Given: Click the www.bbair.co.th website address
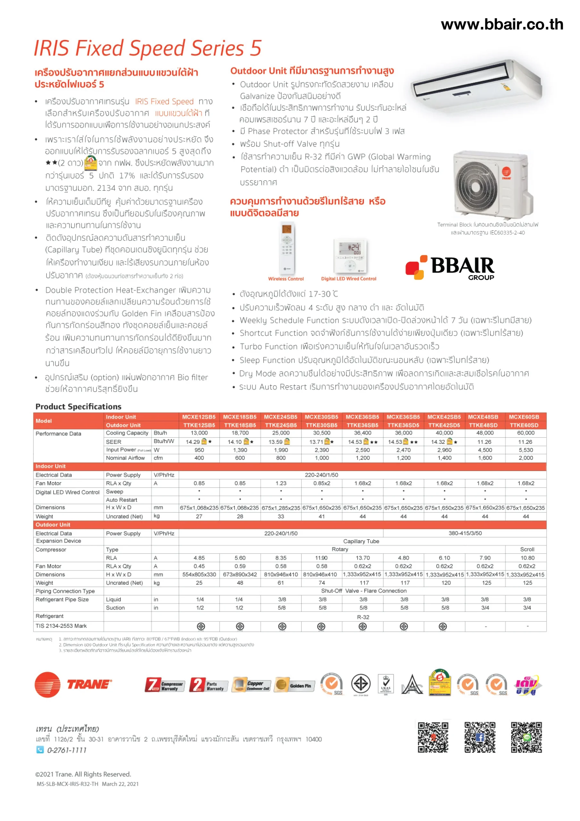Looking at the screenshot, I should click(502, 24).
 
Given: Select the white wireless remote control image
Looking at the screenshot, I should click(286, 249).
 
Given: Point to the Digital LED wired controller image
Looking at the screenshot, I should click(350, 256).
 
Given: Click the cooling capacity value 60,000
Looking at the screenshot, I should click(525, 433).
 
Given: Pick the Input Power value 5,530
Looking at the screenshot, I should click(525, 450).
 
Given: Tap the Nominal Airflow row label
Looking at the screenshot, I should click(125, 458).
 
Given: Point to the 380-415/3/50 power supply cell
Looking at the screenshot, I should click(465, 533).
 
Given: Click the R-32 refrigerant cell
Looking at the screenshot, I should click(363, 617).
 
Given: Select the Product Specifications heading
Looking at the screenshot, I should click(78, 407).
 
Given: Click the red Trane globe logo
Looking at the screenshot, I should click(47, 684).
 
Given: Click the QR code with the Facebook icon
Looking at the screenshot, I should click(480, 737).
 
